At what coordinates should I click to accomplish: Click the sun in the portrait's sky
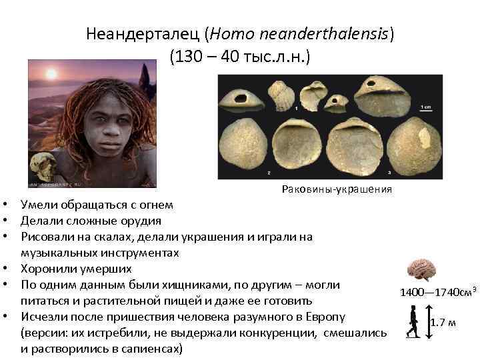(51, 73)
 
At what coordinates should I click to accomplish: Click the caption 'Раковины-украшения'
(337, 190)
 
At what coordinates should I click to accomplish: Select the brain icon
(422, 269)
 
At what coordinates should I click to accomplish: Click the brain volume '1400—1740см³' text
(437, 292)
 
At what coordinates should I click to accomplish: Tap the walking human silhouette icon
(414, 321)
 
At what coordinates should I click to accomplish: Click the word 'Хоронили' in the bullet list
(48, 269)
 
